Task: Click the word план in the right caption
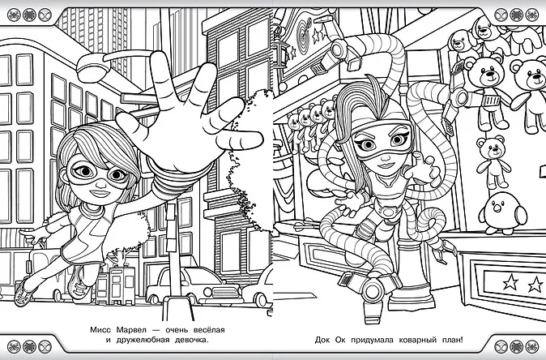pyautogui.click(x=452, y=341)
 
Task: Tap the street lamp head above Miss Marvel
pyautogui.click(x=92, y=67)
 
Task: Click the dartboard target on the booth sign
pyautogui.click(x=304, y=35)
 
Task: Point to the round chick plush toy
pyautogui.click(x=502, y=213)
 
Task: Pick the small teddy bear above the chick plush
pyautogui.click(x=493, y=161)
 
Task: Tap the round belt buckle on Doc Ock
pyautogui.click(x=387, y=211)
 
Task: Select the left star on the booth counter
pyautogui.click(x=510, y=281)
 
